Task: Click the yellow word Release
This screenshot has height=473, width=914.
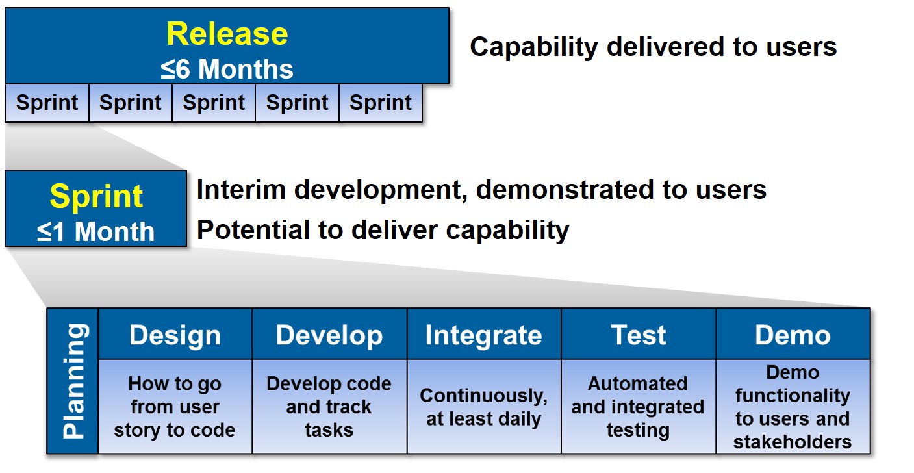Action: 227,34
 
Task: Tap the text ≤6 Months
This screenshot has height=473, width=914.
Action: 227,69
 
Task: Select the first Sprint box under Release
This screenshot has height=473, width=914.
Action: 47,103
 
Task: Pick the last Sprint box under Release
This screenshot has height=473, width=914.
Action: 380,103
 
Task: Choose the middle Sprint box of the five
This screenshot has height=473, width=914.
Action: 214,103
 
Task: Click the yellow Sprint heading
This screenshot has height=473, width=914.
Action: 96,196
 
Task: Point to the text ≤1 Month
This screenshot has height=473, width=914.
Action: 96,232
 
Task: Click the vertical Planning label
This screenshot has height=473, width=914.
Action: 75,381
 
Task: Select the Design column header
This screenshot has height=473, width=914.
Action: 175,334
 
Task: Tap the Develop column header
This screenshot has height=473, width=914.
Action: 329,334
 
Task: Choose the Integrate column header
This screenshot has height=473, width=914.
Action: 484,334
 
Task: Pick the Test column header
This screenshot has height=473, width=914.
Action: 639,334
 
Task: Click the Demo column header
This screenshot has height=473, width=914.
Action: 793,334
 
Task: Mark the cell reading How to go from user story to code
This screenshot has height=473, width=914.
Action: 175,407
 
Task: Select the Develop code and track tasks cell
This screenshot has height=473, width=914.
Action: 329,407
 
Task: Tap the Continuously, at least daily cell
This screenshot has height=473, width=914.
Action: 484,407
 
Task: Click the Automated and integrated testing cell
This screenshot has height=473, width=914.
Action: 639,407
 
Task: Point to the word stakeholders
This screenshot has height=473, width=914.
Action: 793,442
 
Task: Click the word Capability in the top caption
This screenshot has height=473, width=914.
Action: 534,47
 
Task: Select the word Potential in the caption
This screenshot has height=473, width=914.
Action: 253,230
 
